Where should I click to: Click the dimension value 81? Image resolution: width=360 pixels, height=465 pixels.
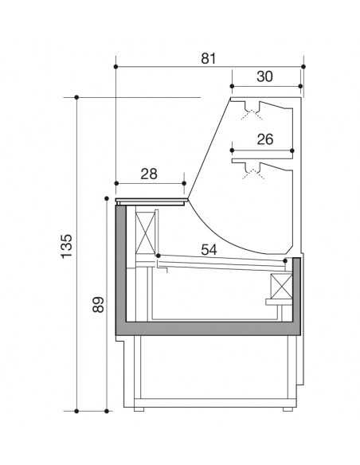(209, 58)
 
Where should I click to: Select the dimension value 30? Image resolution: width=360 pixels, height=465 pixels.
(265, 76)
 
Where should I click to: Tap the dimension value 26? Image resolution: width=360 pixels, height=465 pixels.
(265, 139)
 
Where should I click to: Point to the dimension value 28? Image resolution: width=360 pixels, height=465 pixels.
(149, 173)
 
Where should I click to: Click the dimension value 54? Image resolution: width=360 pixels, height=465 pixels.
(209, 249)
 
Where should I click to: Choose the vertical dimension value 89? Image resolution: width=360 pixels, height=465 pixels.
(98, 305)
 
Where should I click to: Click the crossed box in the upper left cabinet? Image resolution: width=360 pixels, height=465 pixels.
(147, 232)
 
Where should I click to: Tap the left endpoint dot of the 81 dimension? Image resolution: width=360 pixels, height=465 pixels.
(115, 66)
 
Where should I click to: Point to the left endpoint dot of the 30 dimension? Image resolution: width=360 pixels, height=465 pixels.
(232, 85)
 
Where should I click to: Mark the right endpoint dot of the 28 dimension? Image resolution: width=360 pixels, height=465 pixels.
(184, 182)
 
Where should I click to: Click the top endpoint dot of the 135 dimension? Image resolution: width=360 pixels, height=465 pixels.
(76, 98)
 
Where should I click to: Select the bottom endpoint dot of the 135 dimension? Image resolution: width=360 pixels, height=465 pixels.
(76, 411)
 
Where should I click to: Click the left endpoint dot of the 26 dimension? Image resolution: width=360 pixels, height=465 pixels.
(232, 149)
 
